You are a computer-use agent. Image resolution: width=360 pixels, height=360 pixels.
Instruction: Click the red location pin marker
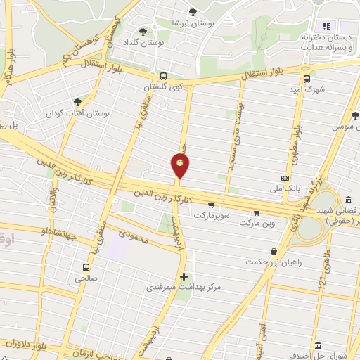(x=181, y=166)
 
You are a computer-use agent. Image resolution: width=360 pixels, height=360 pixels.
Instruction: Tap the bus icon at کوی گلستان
(x=163, y=75)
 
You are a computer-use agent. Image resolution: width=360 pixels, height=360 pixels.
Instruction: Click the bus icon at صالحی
(x=86, y=267)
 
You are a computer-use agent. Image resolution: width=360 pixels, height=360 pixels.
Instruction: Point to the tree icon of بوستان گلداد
(x=143, y=32)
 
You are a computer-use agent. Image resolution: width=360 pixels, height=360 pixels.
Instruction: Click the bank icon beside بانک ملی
(x=285, y=178)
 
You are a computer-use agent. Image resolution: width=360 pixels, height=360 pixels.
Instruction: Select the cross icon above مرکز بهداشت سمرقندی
(x=184, y=276)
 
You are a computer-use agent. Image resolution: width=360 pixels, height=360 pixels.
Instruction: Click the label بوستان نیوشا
(x=195, y=22)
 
